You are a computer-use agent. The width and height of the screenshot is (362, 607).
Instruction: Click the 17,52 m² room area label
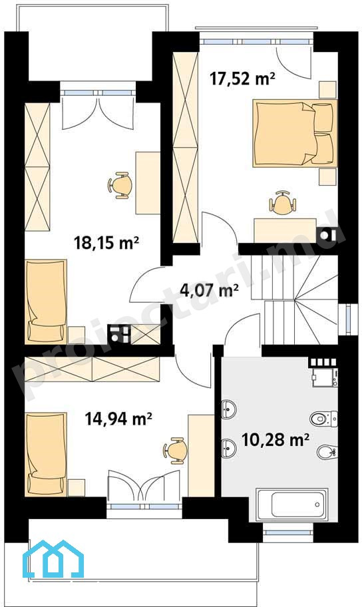tap(242, 79)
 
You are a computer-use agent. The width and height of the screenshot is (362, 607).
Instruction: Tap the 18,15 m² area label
tap(106, 244)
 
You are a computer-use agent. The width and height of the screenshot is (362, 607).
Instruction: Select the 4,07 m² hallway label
tap(209, 289)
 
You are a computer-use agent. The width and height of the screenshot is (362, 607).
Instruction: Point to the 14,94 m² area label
tap(118, 419)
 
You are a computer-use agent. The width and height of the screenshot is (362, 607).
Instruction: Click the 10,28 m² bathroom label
tap(275, 440)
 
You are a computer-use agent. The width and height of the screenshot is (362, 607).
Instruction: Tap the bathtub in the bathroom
tap(291, 503)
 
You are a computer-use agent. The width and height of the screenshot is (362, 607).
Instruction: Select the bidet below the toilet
tap(327, 451)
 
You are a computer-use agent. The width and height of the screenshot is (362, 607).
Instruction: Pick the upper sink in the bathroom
tap(228, 409)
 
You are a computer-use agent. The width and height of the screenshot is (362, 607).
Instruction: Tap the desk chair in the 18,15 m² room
tap(119, 186)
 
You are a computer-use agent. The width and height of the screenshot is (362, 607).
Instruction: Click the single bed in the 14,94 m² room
tap(46, 454)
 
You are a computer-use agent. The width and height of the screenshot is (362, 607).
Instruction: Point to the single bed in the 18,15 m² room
tap(46, 302)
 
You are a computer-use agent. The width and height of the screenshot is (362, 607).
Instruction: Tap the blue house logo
tap(53, 558)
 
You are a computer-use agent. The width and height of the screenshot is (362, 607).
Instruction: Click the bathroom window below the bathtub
tap(288, 532)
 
